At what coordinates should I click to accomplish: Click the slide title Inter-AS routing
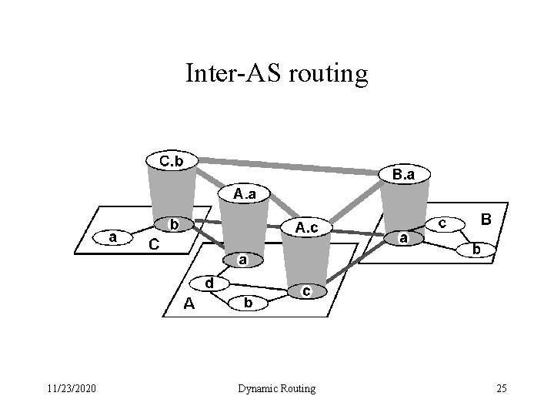point(277,73)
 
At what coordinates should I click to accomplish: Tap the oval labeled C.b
point(171,161)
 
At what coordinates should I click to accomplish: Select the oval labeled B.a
point(404,175)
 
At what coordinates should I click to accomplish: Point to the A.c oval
point(306,227)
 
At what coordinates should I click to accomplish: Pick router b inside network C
point(174,225)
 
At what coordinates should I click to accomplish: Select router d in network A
point(209,283)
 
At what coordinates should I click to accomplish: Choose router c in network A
point(306,291)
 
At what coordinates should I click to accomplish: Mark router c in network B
point(442,222)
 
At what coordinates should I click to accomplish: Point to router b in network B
point(477,250)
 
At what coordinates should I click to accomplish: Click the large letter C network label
point(154,246)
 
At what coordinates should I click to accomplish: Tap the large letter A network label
point(189,304)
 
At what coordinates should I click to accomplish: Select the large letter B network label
point(486,220)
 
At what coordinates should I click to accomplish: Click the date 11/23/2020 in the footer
point(71,388)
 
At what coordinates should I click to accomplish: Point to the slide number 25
point(501,388)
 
